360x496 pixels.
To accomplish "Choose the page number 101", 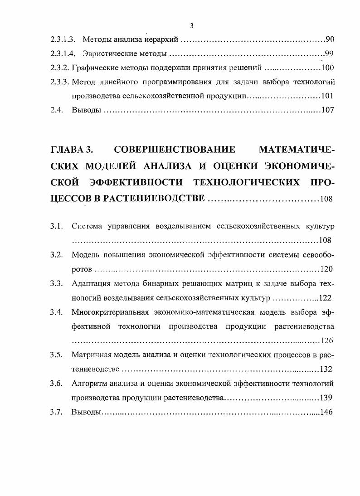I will (x=327, y=96).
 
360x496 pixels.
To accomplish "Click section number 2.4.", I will (x=56, y=110).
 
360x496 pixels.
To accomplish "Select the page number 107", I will (x=327, y=110).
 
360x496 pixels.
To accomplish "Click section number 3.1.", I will (x=56, y=226).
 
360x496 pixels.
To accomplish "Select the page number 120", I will (x=326, y=269).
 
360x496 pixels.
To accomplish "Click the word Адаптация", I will (x=91, y=284).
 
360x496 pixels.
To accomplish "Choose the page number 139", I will (x=326, y=398).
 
